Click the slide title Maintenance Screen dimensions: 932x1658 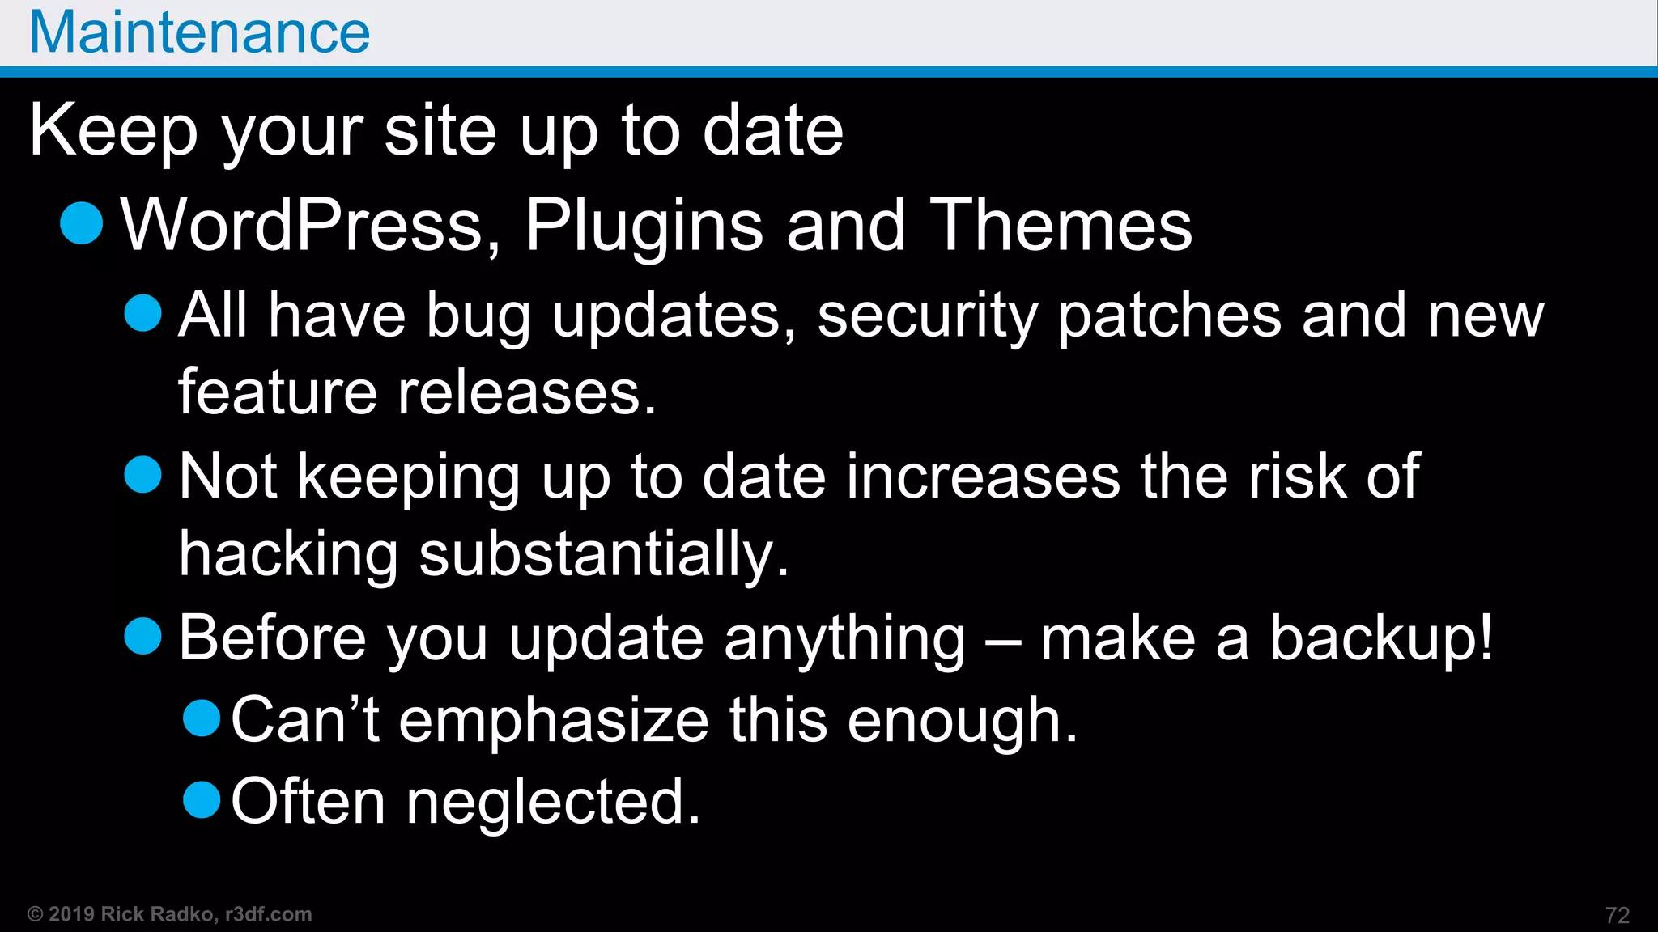coord(199,32)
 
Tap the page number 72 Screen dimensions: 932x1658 coord(1617,915)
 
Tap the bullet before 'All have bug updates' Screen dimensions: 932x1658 coord(143,312)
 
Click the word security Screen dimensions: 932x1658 coord(927,316)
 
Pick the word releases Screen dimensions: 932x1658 coord(526,393)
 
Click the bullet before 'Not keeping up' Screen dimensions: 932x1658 coord(143,474)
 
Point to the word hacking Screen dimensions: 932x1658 coord(288,555)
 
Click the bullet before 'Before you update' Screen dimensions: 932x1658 coord(143,636)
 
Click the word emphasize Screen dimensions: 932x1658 coord(554,720)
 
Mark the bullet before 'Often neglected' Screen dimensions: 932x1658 coord(202,799)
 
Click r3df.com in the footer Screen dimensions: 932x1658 coord(269,914)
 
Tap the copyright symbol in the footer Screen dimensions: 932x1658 coord(35,914)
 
